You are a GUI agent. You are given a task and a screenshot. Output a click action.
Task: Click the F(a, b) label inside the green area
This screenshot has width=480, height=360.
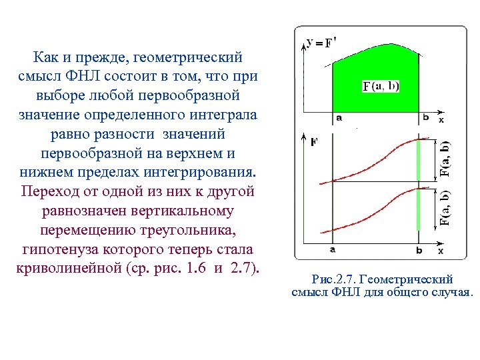point(381,86)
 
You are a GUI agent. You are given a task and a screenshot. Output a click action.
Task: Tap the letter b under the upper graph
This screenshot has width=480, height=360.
point(425,119)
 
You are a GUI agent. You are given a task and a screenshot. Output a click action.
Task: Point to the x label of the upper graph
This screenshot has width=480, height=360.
point(441,119)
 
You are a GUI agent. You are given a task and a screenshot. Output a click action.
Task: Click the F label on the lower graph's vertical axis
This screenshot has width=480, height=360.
point(314,142)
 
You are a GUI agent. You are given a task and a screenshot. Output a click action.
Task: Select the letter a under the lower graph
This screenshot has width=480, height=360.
point(331,251)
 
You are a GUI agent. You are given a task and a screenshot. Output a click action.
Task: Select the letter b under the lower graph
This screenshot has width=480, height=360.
point(419,251)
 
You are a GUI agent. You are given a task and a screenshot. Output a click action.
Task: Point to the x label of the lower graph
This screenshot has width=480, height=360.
point(441,251)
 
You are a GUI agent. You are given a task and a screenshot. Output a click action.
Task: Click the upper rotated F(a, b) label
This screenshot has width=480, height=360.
point(445,159)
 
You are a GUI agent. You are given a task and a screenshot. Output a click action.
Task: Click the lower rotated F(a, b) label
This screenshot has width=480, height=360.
point(445,209)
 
